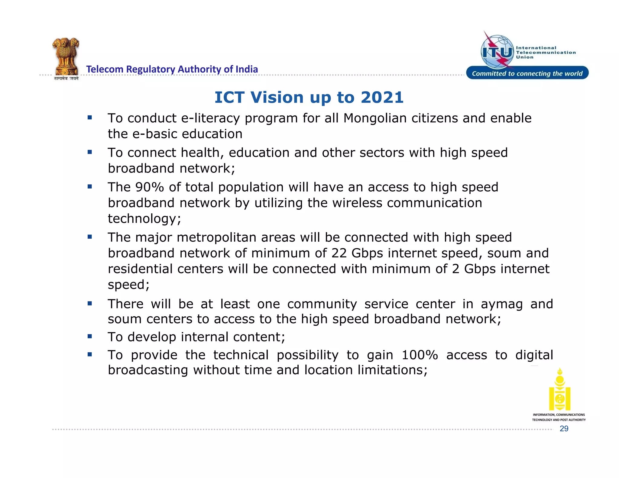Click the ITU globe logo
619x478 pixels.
tap(497, 52)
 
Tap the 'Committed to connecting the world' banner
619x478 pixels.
tap(527, 73)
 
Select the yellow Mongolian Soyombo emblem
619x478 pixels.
tap(559, 389)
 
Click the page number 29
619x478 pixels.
tap(564, 428)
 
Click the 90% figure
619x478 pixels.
tap(149, 187)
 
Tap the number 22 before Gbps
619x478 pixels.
tap(339, 253)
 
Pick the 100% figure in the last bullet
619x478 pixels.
tap(420, 355)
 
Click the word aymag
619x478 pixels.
tap(501, 304)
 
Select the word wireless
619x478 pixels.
tap(357, 203)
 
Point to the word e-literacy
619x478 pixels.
tap(210, 118)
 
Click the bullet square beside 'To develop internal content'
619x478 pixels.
tap(90, 336)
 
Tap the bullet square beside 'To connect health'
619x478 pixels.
tap(90, 152)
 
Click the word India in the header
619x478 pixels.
tap(247, 69)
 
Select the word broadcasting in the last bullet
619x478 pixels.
tap(148, 370)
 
